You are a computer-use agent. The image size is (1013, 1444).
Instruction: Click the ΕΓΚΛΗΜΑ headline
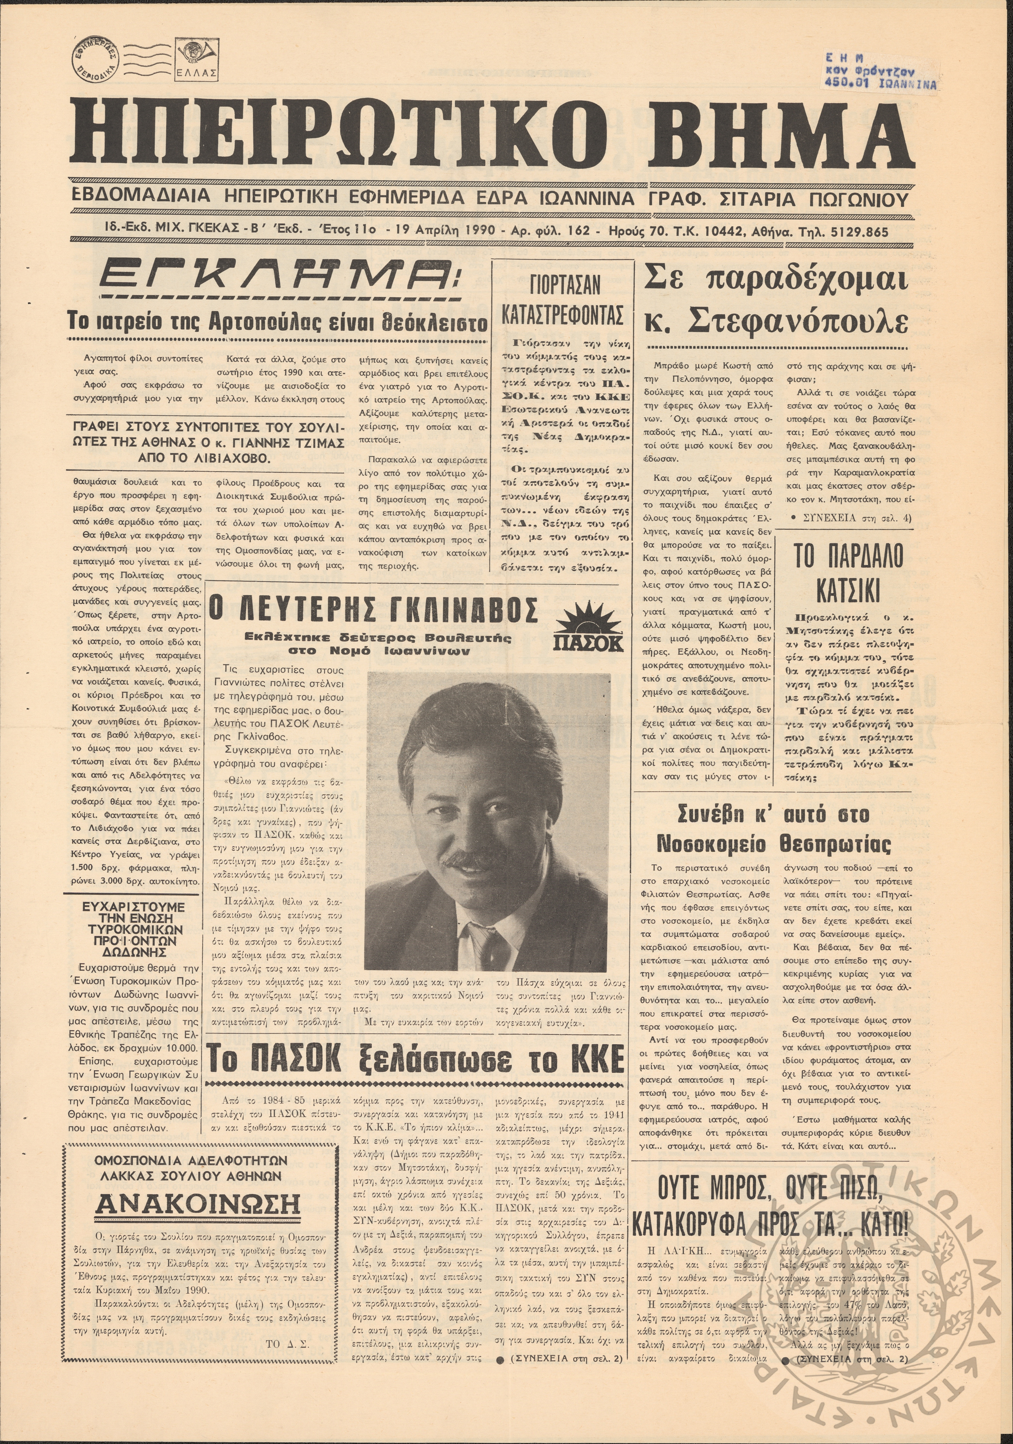(x=280, y=277)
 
